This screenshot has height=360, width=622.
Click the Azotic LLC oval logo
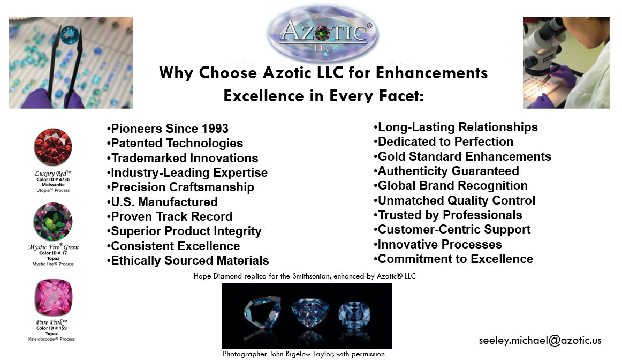pos(323,34)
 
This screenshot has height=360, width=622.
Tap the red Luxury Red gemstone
pos(53,147)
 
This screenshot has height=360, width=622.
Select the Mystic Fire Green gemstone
pos(53,221)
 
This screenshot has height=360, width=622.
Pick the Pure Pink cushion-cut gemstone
pos(54,297)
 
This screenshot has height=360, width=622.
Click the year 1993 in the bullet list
pos(215,129)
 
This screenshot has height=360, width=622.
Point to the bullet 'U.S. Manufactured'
pos(162,202)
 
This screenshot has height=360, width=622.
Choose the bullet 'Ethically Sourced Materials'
pos(188,260)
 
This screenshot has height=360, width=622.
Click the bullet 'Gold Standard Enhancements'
pos(462,156)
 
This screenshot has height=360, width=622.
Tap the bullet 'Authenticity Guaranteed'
pos(446,171)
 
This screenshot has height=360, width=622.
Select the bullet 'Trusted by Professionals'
pos(448,215)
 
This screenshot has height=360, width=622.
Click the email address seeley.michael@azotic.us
pos(540,341)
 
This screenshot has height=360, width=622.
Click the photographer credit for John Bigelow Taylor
pos(304,354)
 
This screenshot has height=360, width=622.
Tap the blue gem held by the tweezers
pos(70,35)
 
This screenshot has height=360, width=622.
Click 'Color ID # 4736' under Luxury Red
pos(53,179)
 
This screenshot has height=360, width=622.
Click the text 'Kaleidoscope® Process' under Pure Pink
pos(51,339)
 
